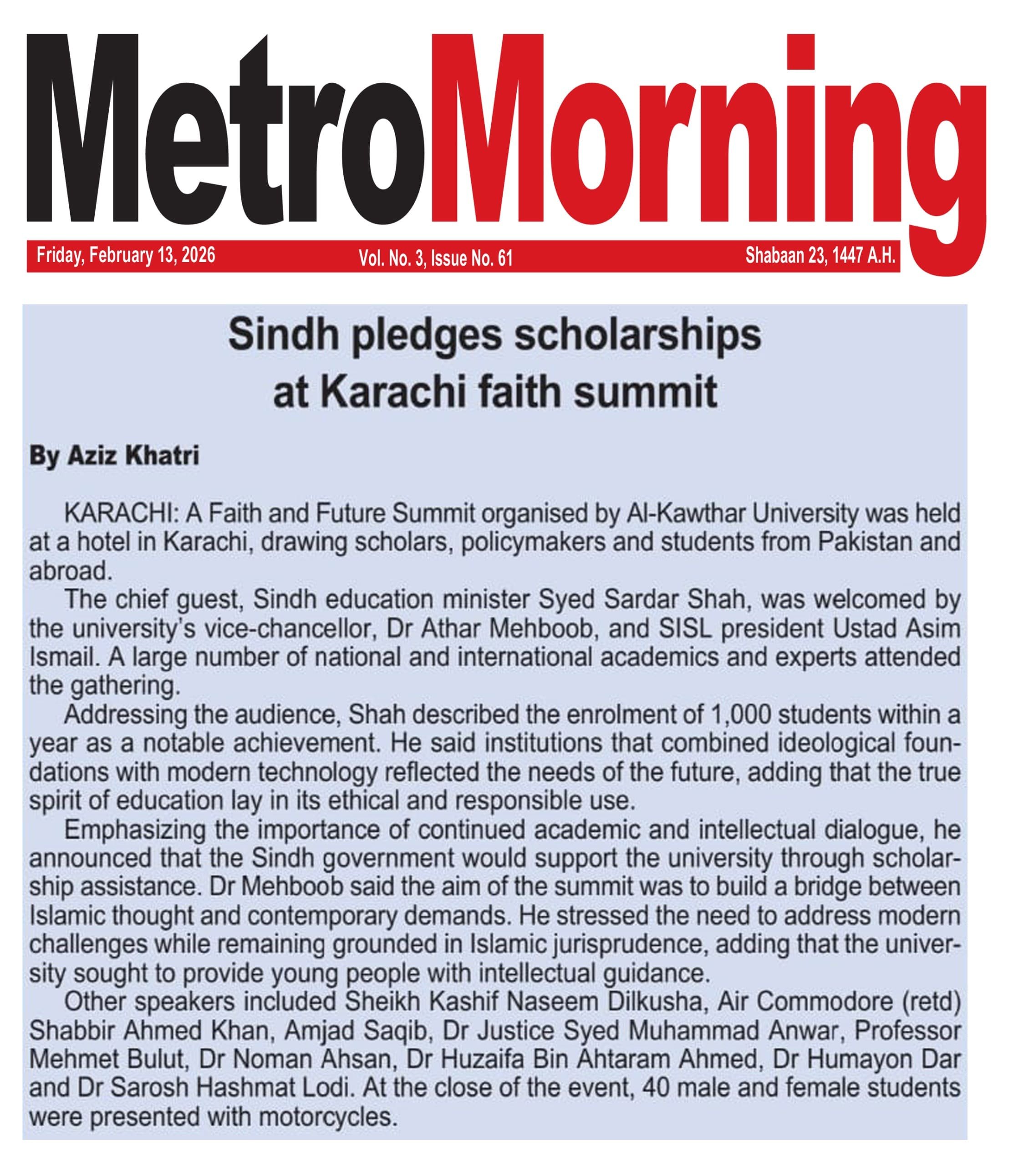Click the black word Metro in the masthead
point(226,130)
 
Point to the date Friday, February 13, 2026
point(126,255)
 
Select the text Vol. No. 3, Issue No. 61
point(435,258)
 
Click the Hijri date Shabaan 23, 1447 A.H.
point(820,255)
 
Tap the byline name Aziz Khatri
point(133,456)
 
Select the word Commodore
point(826,1002)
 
